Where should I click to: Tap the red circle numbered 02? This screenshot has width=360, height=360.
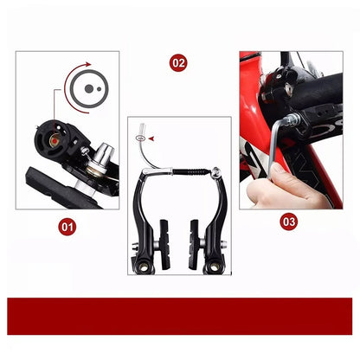[178, 63]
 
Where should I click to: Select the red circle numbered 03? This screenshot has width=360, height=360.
[290, 222]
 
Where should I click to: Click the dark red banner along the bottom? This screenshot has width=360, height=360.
[180, 315]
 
